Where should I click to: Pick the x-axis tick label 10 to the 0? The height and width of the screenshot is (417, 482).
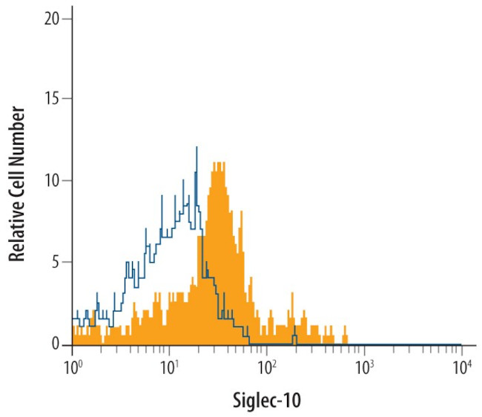coord(72,365)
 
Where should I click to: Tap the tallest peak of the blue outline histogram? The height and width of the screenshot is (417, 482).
coord(197,147)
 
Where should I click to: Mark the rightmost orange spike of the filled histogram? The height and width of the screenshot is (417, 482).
coord(344,325)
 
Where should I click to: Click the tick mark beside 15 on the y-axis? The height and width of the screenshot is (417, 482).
coord(68,99)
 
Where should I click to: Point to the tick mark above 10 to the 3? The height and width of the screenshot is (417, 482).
coord(363,349)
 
